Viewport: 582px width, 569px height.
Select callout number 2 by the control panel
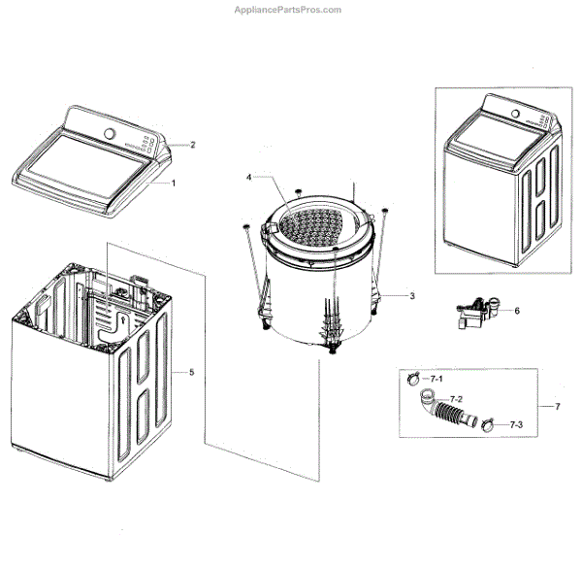pyautogui.click(x=192, y=145)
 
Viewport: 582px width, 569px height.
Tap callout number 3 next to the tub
pyautogui.click(x=412, y=294)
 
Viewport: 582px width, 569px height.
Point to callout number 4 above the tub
pyautogui.click(x=248, y=178)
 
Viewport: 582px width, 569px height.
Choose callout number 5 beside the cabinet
pyautogui.click(x=191, y=372)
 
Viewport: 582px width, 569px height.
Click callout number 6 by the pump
pyautogui.click(x=517, y=311)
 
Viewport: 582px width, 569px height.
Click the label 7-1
pyautogui.click(x=436, y=378)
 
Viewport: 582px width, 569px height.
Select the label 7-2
pyautogui.click(x=457, y=400)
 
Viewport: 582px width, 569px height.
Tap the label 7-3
pyautogui.click(x=514, y=424)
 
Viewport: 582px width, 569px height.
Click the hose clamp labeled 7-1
pyautogui.click(x=412, y=378)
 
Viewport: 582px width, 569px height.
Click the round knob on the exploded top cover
pyautogui.click(x=110, y=134)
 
